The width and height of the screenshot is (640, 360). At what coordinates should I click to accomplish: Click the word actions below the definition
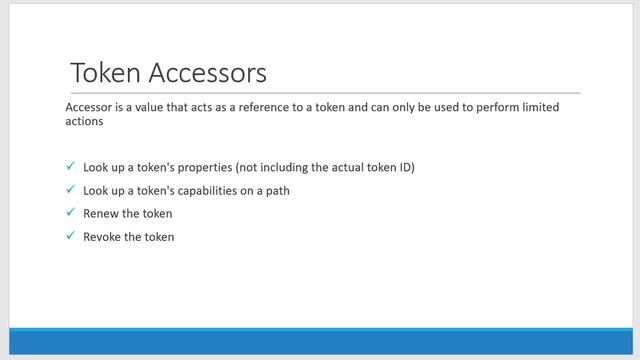point(84,123)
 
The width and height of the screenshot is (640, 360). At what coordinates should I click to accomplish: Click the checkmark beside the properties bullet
point(70,166)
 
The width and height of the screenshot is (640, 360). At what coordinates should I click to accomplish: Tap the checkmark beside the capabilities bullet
point(70,190)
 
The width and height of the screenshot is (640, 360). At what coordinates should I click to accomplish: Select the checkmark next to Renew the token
point(70,213)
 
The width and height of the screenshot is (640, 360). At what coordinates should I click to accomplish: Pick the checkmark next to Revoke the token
point(70,236)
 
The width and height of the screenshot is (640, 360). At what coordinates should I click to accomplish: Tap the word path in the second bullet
point(276,190)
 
